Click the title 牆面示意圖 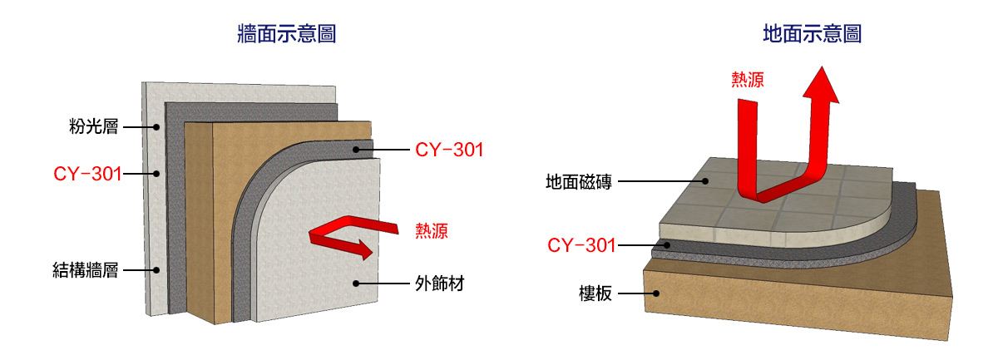[x=286, y=34]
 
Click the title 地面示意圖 [x=812, y=34]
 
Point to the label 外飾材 [x=438, y=284]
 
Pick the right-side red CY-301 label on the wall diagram [x=448, y=150]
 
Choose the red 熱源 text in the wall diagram [x=432, y=231]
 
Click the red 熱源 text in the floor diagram [x=747, y=80]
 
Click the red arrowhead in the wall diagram [x=363, y=247]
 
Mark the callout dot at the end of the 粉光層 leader [x=156, y=127]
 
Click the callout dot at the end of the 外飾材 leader [x=356, y=284]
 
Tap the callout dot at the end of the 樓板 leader [x=657, y=293]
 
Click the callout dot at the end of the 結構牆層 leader [x=156, y=269]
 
